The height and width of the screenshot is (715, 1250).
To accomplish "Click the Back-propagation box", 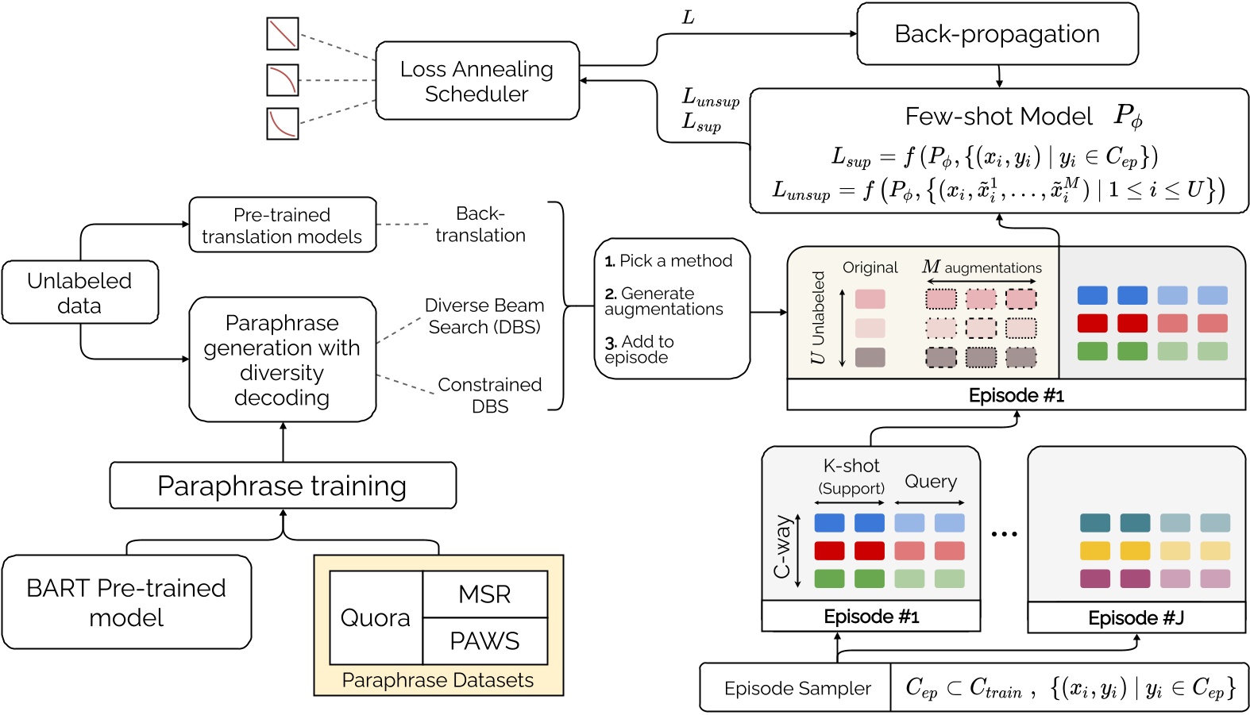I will coord(997,34).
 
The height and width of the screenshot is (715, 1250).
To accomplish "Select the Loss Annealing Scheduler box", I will coord(476,81).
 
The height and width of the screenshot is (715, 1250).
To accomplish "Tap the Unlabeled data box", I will coord(79,293).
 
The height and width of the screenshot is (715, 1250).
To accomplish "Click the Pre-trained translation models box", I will coord(282,225).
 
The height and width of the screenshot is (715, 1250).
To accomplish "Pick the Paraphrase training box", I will coord(282,486).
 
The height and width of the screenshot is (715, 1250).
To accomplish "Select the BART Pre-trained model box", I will coord(126,602).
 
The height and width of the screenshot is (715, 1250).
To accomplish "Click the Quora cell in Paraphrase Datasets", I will coord(376,617).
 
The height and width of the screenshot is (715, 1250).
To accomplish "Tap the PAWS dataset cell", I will coord(484,641).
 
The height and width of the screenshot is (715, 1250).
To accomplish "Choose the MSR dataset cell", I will coord(484,594).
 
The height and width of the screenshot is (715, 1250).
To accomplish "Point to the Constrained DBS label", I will coord(490,395).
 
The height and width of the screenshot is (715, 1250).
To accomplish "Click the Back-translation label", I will coord(480,225).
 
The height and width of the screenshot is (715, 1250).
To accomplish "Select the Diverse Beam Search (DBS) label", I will coord(484,316).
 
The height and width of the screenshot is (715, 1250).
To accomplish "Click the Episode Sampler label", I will coord(797,688).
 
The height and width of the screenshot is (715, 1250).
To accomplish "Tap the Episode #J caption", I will coord(1136,618).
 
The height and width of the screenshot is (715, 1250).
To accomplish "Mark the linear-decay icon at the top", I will coord(283,34).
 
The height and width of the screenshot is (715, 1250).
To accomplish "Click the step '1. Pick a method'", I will coord(669,260).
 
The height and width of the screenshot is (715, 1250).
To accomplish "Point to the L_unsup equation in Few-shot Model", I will coord(998,190).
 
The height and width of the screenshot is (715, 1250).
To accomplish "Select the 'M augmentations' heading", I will coord(982,267).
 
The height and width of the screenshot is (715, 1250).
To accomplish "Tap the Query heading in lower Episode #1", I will coord(931,482).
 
